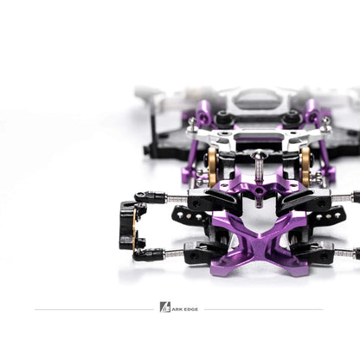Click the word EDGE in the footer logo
(188, 307)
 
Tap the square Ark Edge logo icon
(165, 307)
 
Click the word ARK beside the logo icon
(176, 307)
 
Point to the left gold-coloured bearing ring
(212, 162)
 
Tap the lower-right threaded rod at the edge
(345, 253)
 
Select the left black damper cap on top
(224, 119)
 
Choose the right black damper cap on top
(291, 117)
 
